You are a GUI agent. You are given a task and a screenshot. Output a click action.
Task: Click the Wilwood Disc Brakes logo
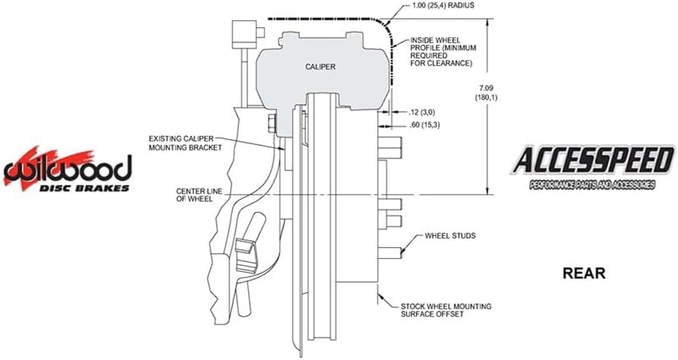(x=67, y=169)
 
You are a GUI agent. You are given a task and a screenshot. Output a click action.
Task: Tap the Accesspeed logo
(x=592, y=166)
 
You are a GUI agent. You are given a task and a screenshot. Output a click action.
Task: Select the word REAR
(x=584, y=273)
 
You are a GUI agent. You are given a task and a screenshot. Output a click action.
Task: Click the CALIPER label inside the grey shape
(x=320, y=66)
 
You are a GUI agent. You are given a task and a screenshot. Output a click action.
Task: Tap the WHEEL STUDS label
(x=450, y=236)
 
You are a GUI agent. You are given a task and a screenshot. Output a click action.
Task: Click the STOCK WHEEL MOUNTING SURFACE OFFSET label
(x=446, y=310)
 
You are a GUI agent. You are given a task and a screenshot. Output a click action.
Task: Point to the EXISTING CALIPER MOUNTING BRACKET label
(x=185, y=143)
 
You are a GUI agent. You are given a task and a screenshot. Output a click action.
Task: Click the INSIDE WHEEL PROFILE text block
(x=444, y=52)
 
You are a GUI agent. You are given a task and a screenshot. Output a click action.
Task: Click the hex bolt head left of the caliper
(x=272, y=124)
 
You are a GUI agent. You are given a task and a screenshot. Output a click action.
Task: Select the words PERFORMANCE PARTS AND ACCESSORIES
(x=592, y=185)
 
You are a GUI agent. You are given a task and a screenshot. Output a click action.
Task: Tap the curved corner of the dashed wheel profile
(x=386, y=26)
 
